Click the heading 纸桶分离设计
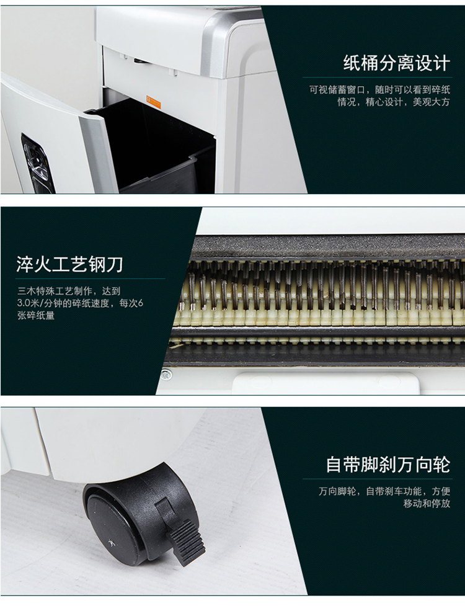pos(396,63)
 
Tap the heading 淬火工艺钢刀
pos(70,265)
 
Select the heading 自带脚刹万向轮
pos(388,465)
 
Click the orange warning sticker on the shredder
pos(153,102)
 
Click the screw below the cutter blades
pos(166,375)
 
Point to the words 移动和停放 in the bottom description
pos(427,504)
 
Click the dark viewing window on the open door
pos(37,163)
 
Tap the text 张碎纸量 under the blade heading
pos(36,316)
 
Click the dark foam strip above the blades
pos(328,246)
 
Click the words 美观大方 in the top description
pos(432,102)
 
